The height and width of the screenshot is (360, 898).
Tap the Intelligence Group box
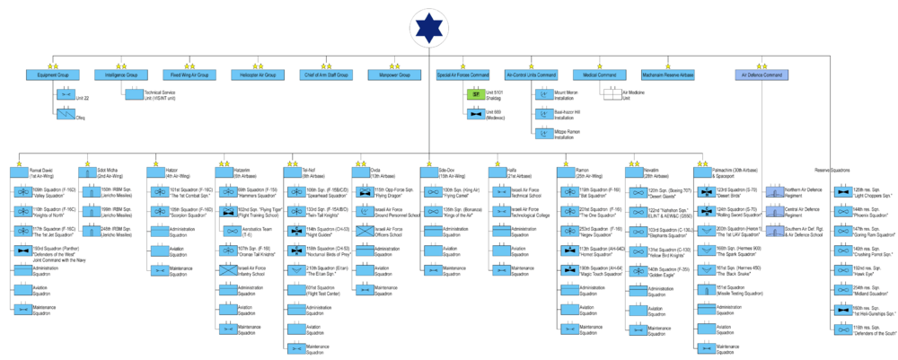coord(119,75)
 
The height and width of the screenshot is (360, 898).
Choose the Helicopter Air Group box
coord(253,75)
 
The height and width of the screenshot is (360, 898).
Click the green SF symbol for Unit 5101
coord(476,93)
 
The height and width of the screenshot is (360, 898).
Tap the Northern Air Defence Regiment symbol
coord(773,190)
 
